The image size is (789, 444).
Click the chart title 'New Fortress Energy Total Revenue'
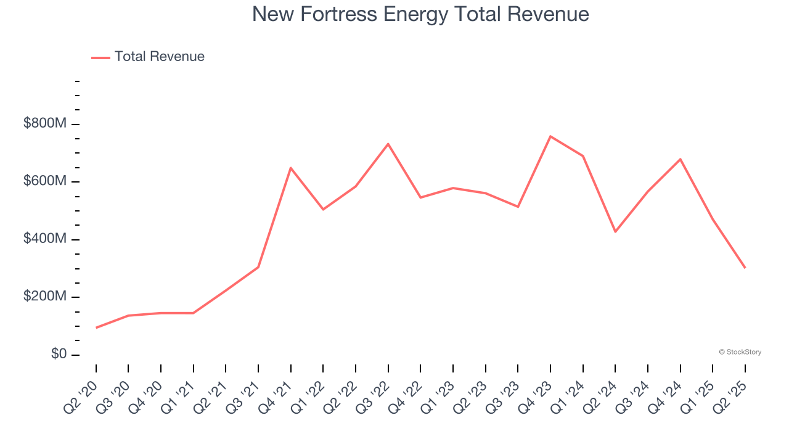click(x=420, y=14)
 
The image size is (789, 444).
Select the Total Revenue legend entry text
click(x=159, y=57)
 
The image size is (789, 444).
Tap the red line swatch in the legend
click(x=100, y=57)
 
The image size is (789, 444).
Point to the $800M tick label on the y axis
click(x=45, y=123)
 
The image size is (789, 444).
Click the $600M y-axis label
click(x=45, y=181)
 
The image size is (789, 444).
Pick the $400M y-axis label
click(x=45, y=239)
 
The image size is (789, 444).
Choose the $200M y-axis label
click(x=45, y=297)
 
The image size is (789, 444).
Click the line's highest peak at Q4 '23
click(x=550, y=136)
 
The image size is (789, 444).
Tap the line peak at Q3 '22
click(x=388, y=144)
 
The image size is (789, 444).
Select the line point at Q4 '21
click(x=291, y=168)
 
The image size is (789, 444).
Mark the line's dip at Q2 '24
click(x=615, y=232)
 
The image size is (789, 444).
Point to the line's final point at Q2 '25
click(x=745, y=268)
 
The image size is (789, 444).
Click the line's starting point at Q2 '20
click(x=96, y=327)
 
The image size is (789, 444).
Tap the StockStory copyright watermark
click(x=740, y=352)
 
